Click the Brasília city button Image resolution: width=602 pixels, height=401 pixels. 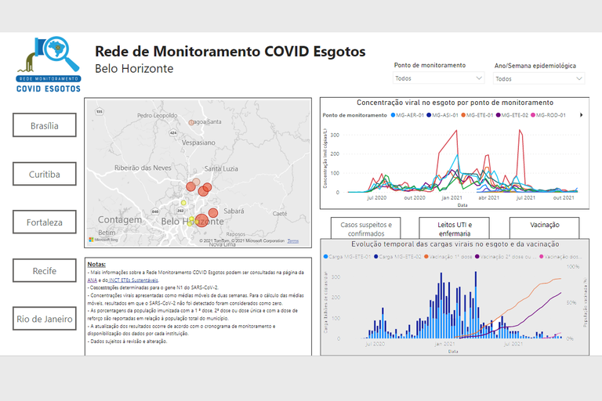click(x=45, y=125)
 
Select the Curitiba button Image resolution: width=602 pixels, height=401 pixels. click(x=45, y=174)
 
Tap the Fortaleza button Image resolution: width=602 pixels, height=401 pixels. click(x=45, y=222)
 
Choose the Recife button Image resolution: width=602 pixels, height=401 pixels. click(x=45, y=271)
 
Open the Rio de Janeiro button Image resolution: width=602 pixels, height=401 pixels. click(x=45, y=319)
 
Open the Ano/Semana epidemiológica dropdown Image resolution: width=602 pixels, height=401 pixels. click(x=539, y=78)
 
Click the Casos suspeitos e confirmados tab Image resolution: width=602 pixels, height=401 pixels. click(x=366, y=228)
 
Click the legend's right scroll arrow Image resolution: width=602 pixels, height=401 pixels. click(x=581, y=115)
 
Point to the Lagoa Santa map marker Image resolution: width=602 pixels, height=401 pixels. click(x=192, y=122)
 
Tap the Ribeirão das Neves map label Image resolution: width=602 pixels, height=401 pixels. click(x=143, y=168)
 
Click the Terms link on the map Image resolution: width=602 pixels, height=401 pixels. click(x=293, y=240)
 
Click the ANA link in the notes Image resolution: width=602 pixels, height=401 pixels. click(x=92, y=280)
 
